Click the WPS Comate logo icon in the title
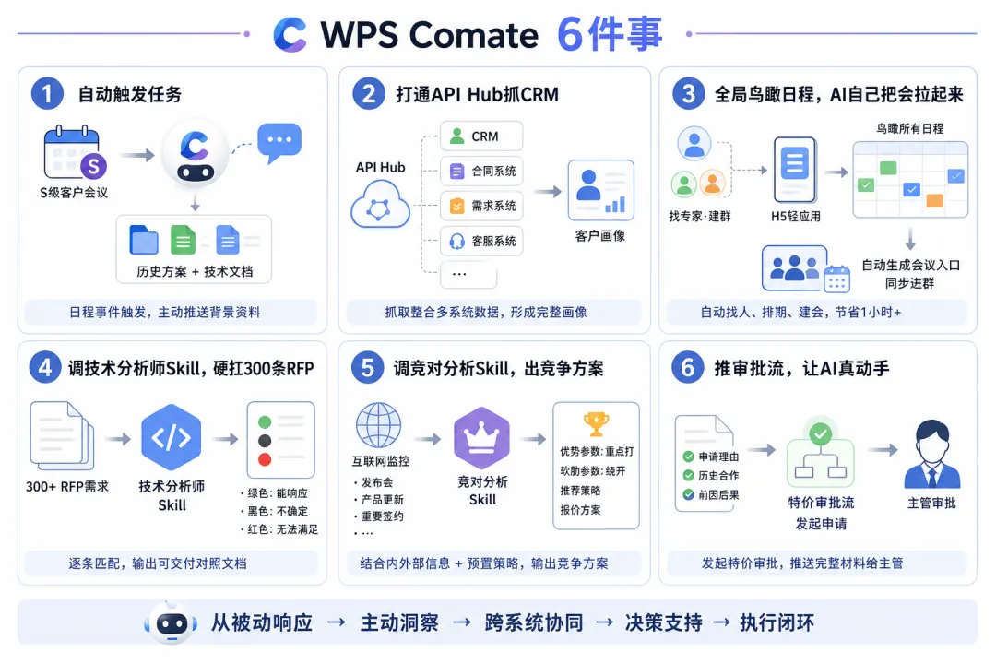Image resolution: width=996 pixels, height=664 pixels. (x=290, y=34)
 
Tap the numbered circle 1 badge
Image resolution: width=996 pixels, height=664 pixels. (x=47, y=93)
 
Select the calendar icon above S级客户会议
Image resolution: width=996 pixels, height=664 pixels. (x=72, y=152)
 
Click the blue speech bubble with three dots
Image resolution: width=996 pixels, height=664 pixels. (x=279, y=142)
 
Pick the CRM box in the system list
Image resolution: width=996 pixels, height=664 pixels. (x=481, y=136)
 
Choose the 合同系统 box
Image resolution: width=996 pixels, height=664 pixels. (x=481, y=171)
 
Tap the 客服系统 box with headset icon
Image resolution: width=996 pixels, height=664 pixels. (x=481, y=241)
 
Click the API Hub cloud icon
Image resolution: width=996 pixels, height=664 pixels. (x=381, y=204)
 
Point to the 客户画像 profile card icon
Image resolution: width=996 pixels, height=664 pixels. (x=601, y=190)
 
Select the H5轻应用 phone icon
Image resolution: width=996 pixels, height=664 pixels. (x=795, y=170)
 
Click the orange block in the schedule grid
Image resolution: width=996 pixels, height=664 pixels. (x=934, y=201)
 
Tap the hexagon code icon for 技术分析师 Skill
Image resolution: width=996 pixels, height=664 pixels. (x=171, y=437)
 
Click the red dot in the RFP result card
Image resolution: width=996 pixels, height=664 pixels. (x=265, y=459)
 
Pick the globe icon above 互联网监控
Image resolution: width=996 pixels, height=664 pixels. (x=379, y=425)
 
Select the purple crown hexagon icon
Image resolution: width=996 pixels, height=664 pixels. (x=482, y=438)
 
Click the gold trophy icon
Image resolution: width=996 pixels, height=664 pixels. (x=596, y=424)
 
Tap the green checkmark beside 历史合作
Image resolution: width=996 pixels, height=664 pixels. (x=688, y=475)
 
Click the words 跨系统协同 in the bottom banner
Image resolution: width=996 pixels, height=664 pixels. (x=534, y=622)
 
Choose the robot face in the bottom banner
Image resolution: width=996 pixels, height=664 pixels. (x=172, y=624)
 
